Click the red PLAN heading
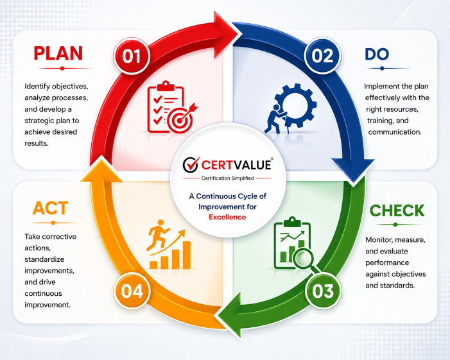coord(58,53)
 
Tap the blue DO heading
coord(377,54)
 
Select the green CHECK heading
coord(397,211)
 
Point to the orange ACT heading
coord(50,209)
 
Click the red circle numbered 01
coord(132,56)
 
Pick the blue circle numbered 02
coord(322,55)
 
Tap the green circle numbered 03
coord(323,291)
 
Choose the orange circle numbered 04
coord(132,291)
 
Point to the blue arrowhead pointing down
coord(353,169)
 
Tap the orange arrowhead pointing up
coord(101,170)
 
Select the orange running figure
coord(157,235)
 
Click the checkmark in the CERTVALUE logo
coord(191,164)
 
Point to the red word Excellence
coord(227,217)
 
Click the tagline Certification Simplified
coord(228,178)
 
